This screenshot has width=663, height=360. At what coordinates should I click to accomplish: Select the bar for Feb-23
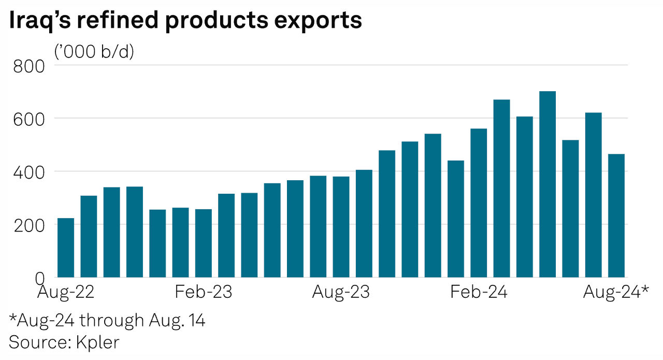pyautogui.click(x=204, y=243)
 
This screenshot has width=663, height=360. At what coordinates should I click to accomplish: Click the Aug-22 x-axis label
pyautogui.click(x=66, y=293)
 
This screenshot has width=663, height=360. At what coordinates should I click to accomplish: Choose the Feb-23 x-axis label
pyautogui.click(x=204, y=293)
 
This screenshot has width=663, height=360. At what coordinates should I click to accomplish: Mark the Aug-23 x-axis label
pyautogui.click(x=341, y=293)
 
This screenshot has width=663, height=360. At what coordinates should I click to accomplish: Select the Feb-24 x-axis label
pyautogui.click(x=479, y=293)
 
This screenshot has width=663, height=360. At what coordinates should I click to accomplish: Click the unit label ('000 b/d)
pyautogui.click(x=94, y=51)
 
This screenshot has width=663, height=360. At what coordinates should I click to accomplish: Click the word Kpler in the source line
pyautogui.click(x=97, y=342)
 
